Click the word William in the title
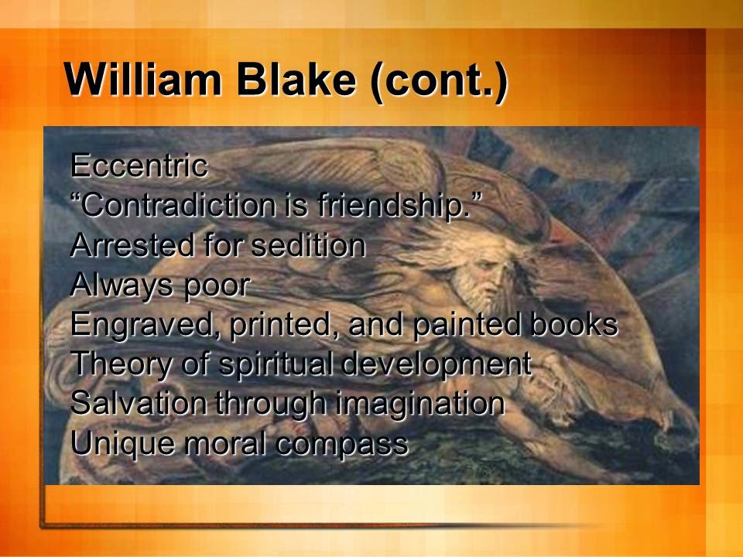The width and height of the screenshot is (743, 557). click(142, 79)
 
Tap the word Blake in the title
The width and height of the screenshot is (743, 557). click(296, 79)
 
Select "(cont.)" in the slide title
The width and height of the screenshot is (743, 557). click(440, 80)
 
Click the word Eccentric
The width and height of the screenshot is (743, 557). click(139, 166)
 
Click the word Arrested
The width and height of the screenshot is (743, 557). click(132, 245)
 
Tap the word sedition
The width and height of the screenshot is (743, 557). click(308, 245)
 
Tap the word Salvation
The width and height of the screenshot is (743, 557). click(139, 404)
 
